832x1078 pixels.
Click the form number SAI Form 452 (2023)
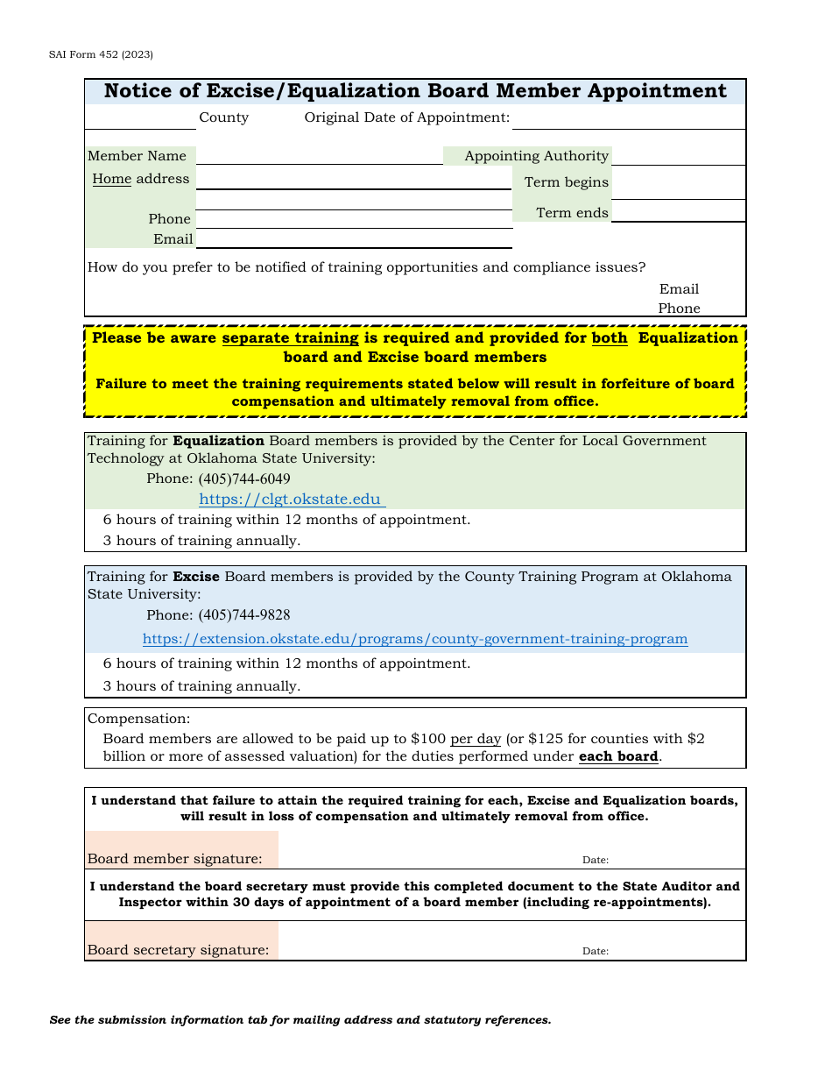(x=101, y=54)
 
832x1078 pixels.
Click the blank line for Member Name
(x=320, y=156)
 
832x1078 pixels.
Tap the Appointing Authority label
(x=536, y=156)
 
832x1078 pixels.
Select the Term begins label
(x=566, y=182)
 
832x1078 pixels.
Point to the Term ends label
(x=572, y=213)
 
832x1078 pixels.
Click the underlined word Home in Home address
(x=112, y=179)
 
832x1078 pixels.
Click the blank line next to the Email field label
(x=355, y=239)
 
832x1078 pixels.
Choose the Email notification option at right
(x=679, y=289)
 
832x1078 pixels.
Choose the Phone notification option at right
(x=679, y=309)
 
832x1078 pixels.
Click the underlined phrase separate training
(x=290, y=338)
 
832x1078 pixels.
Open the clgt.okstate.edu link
(x=290, y=500)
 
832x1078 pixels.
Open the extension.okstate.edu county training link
(x=415, y=639)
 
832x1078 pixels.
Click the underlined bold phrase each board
(x=618, y=756)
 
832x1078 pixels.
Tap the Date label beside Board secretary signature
(x=596, y=951)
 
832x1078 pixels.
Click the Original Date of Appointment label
(x=406, y=117)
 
